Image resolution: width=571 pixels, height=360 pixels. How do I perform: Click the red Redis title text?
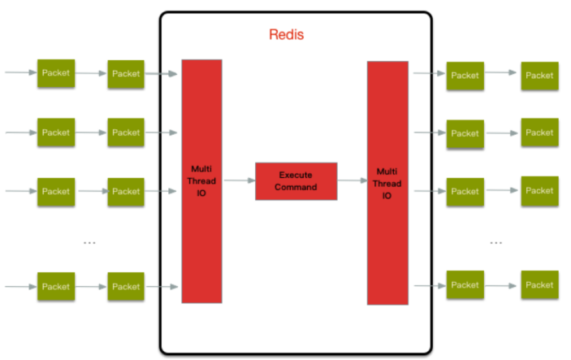click(x=286, y=36)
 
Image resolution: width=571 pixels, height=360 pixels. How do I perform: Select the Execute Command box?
click(x=296, y=180)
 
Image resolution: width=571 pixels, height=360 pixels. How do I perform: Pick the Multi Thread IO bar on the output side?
click(x=387, y=184)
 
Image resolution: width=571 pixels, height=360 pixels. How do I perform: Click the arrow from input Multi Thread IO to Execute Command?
click(x=239, y=180)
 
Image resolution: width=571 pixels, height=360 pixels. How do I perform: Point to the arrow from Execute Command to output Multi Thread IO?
click(x=352, y=181)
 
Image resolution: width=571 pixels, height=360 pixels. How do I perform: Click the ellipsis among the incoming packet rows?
click(x=90, y=242)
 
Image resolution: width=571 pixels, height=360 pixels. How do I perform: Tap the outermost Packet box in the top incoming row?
click(x=56, y=73)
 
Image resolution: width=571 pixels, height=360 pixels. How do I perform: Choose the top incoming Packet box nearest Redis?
click(x=126, y=73)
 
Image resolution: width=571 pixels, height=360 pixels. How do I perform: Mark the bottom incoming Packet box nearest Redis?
click(x=126, y=286)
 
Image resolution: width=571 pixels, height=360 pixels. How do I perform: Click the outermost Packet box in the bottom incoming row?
click(x=56, y=286)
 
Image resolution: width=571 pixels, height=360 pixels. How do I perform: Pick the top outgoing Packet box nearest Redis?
click(x=465, y=76)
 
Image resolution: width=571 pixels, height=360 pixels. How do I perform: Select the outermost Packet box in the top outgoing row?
click(x=539, y=76)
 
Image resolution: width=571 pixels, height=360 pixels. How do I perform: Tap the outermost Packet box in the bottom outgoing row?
click(x=539, y=285)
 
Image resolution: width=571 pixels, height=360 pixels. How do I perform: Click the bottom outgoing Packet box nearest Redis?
click(x=465, y=285)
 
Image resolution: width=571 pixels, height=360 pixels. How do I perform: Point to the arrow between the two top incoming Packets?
click(x=91, y=73)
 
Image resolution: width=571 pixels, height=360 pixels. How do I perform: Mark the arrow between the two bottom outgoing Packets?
click(x=502, y=285)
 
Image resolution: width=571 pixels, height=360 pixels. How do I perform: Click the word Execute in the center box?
click(x=296, y=175)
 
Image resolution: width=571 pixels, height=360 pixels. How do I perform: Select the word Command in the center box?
click(x=296, y=187)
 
